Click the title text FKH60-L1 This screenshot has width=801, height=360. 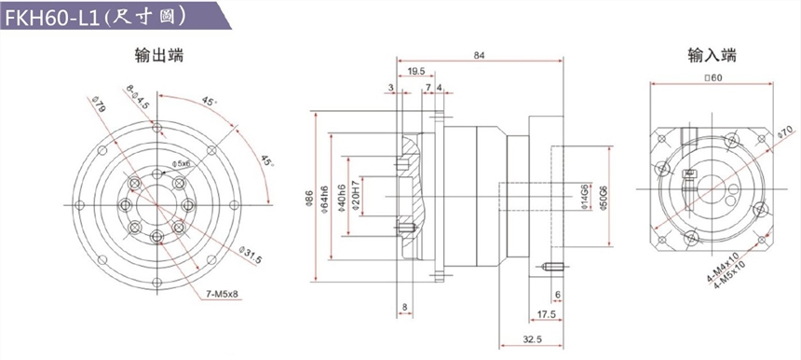click(x=52, y=17)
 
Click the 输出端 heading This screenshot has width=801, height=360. click(x=159, y=55)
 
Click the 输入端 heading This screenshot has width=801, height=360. click(x=713, y=55)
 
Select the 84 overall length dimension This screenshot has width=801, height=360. click(x=479, y=55)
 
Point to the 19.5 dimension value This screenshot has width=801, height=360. click(x=417, y=71)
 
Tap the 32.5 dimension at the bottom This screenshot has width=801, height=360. click(x=531, y=339)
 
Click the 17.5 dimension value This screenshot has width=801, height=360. click(x=546, y=314)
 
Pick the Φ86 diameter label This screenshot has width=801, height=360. click(x=308, y=198)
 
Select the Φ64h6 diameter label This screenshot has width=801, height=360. click(x=324, y=198)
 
